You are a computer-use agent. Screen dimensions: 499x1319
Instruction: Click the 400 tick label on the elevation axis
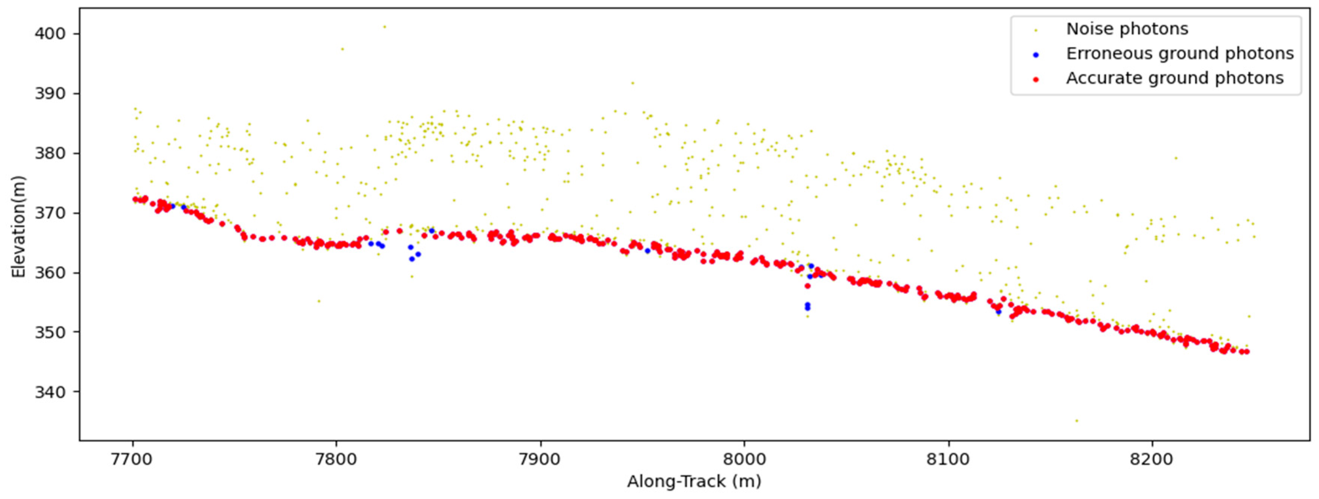50,34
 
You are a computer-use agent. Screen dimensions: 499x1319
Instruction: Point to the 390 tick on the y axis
50,94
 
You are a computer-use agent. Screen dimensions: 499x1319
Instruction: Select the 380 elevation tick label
50,153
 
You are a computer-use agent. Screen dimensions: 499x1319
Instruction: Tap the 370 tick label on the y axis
50,213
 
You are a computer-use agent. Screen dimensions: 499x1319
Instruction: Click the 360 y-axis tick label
50,273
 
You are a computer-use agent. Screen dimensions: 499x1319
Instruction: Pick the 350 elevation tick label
50,332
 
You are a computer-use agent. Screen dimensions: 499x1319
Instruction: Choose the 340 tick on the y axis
50,392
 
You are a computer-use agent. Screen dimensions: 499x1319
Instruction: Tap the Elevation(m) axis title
18,227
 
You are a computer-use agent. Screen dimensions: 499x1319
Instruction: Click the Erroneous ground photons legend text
1180,54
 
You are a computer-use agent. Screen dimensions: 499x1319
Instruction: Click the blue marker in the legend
1035,55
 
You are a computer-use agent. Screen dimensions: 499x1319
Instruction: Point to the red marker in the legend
1035,79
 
